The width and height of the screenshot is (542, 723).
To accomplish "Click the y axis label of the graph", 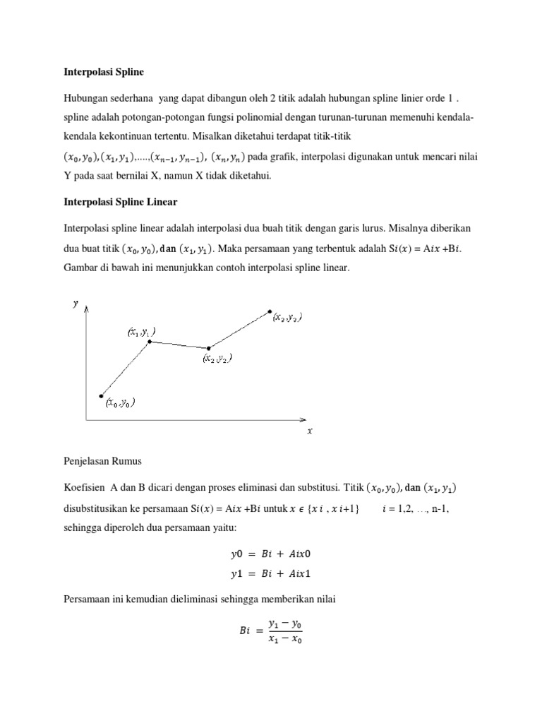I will [76, 304].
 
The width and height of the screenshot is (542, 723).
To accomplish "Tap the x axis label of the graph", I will [310, 431].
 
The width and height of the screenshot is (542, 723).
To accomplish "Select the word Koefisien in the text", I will [80, 488].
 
